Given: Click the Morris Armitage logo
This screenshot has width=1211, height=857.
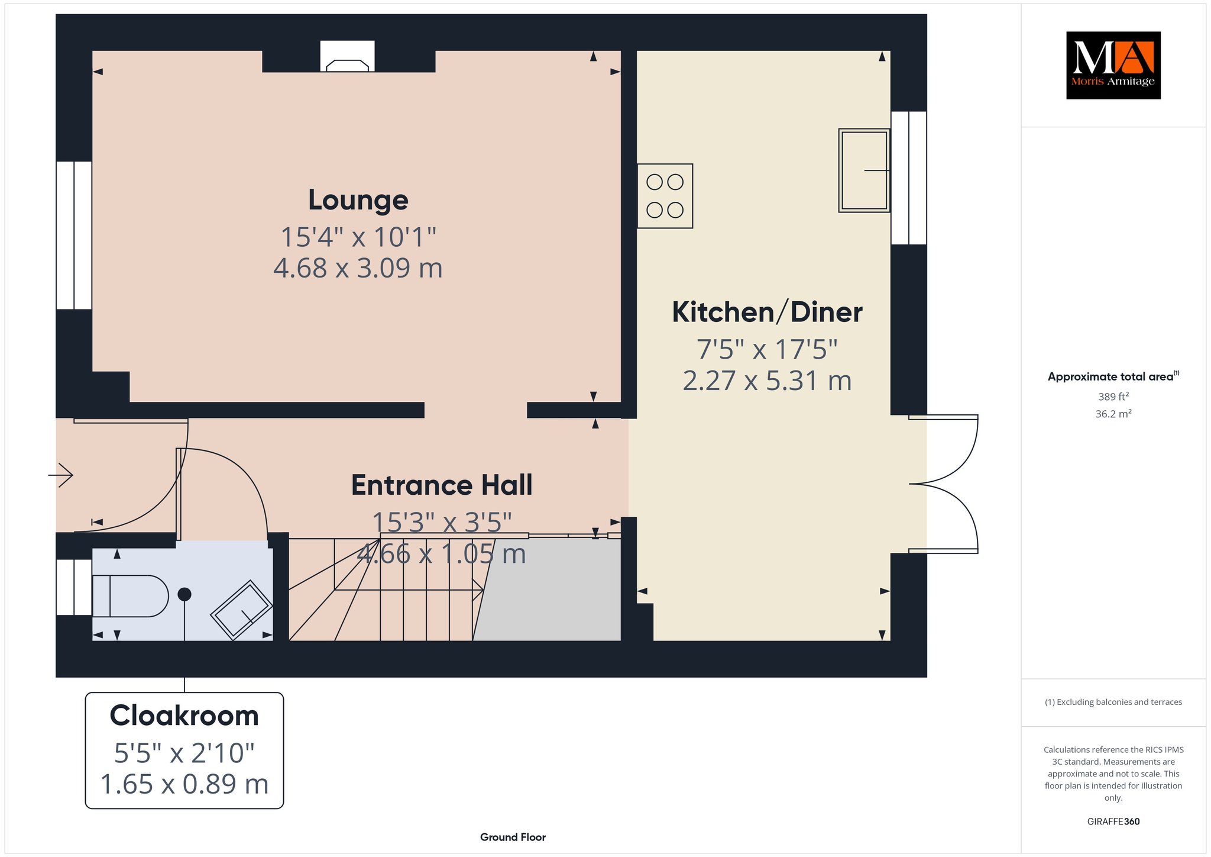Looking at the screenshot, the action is (1113, 65).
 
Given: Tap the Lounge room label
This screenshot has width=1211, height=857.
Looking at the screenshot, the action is (358, 200).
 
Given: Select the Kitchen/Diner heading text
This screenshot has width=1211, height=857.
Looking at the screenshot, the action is (767, 312).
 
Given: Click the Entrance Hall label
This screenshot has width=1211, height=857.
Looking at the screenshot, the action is (442, 485).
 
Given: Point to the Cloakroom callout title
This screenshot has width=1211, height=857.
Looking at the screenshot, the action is (184, 716).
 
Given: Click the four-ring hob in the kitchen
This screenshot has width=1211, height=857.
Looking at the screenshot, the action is (665, 196).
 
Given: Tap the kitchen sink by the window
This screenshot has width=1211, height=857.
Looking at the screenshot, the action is (864, 170).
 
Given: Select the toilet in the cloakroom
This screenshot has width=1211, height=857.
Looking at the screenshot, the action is (131, 596).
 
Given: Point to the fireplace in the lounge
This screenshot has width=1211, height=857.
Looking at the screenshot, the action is (348, 56).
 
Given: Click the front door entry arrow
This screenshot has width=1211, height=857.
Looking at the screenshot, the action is (60, 475).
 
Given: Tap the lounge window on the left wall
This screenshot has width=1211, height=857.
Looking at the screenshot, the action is (74, 235).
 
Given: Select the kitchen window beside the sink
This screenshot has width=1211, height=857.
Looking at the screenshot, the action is (909, 178).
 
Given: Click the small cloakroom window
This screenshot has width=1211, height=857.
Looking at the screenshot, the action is (74, 587).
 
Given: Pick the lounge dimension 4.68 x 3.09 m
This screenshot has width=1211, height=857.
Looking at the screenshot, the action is (358, 268).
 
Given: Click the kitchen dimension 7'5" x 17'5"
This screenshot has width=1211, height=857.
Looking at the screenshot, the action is (767, 349).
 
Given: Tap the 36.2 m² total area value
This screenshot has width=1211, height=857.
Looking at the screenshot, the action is (1113, 414).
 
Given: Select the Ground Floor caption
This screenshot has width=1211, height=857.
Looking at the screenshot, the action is (513, 837).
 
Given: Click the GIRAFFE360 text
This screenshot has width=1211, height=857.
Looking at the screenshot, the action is (1113, 821).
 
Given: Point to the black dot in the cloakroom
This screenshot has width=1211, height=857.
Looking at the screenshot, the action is (184, 594).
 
